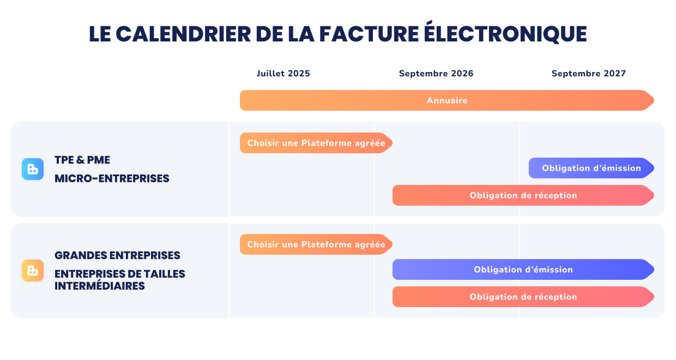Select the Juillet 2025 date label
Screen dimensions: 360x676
(x=283, y=74)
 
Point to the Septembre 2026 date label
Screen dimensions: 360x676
(x=436, y=74)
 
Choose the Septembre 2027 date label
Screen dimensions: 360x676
(x=589, y=74)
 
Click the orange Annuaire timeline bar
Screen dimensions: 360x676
(x=446, y=100)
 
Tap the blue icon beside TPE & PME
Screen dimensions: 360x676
(x=33, y=169)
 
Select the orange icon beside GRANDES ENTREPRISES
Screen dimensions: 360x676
(x=33, y=271)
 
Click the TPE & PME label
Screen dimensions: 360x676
(x=82, y=160)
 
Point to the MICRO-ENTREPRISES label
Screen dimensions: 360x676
(x=112, y=178)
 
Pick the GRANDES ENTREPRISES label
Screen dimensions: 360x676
(x=117, y=255)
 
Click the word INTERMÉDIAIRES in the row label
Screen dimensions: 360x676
(x=100, y=286)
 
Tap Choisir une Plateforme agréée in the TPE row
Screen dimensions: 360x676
(x=316, y=143)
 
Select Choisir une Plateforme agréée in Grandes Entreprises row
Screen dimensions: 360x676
(x=316, y=244)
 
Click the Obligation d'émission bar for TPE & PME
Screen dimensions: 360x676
(x=591, y=168)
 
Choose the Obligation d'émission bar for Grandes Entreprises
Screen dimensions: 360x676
(x=523, y=269)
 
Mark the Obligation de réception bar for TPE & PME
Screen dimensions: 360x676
(x=523, y=195)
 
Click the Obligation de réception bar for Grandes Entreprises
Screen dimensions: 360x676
(x=523, y=297)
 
